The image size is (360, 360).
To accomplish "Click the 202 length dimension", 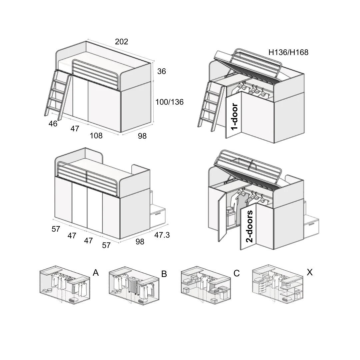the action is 121,42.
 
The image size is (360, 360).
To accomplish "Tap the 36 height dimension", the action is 161,71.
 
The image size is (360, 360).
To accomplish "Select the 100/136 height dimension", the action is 169,102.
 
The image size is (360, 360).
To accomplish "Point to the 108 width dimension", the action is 96,136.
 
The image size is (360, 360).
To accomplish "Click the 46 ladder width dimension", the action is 53,124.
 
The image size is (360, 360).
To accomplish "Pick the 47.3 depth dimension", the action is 162,235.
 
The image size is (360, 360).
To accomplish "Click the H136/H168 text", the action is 288,52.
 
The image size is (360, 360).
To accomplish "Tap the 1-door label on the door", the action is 234,117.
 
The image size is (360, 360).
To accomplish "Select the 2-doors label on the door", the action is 249,226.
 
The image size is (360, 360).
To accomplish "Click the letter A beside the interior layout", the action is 96,273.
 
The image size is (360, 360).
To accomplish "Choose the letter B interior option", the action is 164,274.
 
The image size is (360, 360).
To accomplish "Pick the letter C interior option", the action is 236,273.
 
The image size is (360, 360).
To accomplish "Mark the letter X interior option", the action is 309,272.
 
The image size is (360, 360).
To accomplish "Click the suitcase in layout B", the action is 133,286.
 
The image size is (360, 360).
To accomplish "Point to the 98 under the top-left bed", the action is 142,136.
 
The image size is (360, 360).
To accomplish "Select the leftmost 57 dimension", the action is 56,229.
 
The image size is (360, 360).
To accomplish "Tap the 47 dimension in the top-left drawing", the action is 75,129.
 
